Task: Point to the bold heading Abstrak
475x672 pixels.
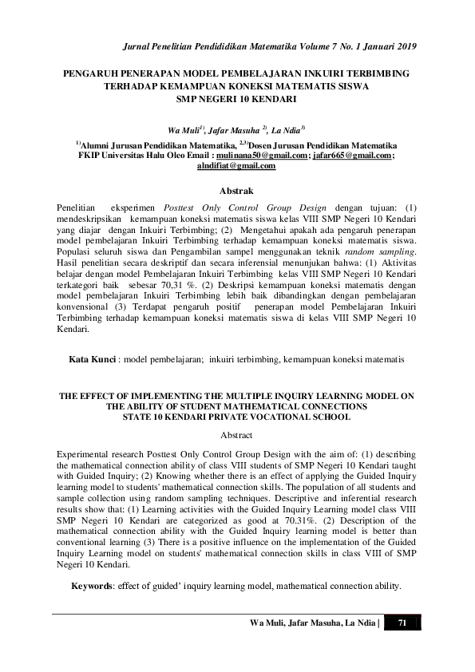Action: pyautogui.click(x=236, y=191)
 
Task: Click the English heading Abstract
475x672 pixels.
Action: pyautogui.click(x=236, y=435)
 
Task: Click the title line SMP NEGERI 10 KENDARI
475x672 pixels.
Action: pyautogui.click(x=236, y=100)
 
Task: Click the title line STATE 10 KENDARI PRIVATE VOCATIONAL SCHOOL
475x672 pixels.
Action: pyautogui.click(x=236, y=416)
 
